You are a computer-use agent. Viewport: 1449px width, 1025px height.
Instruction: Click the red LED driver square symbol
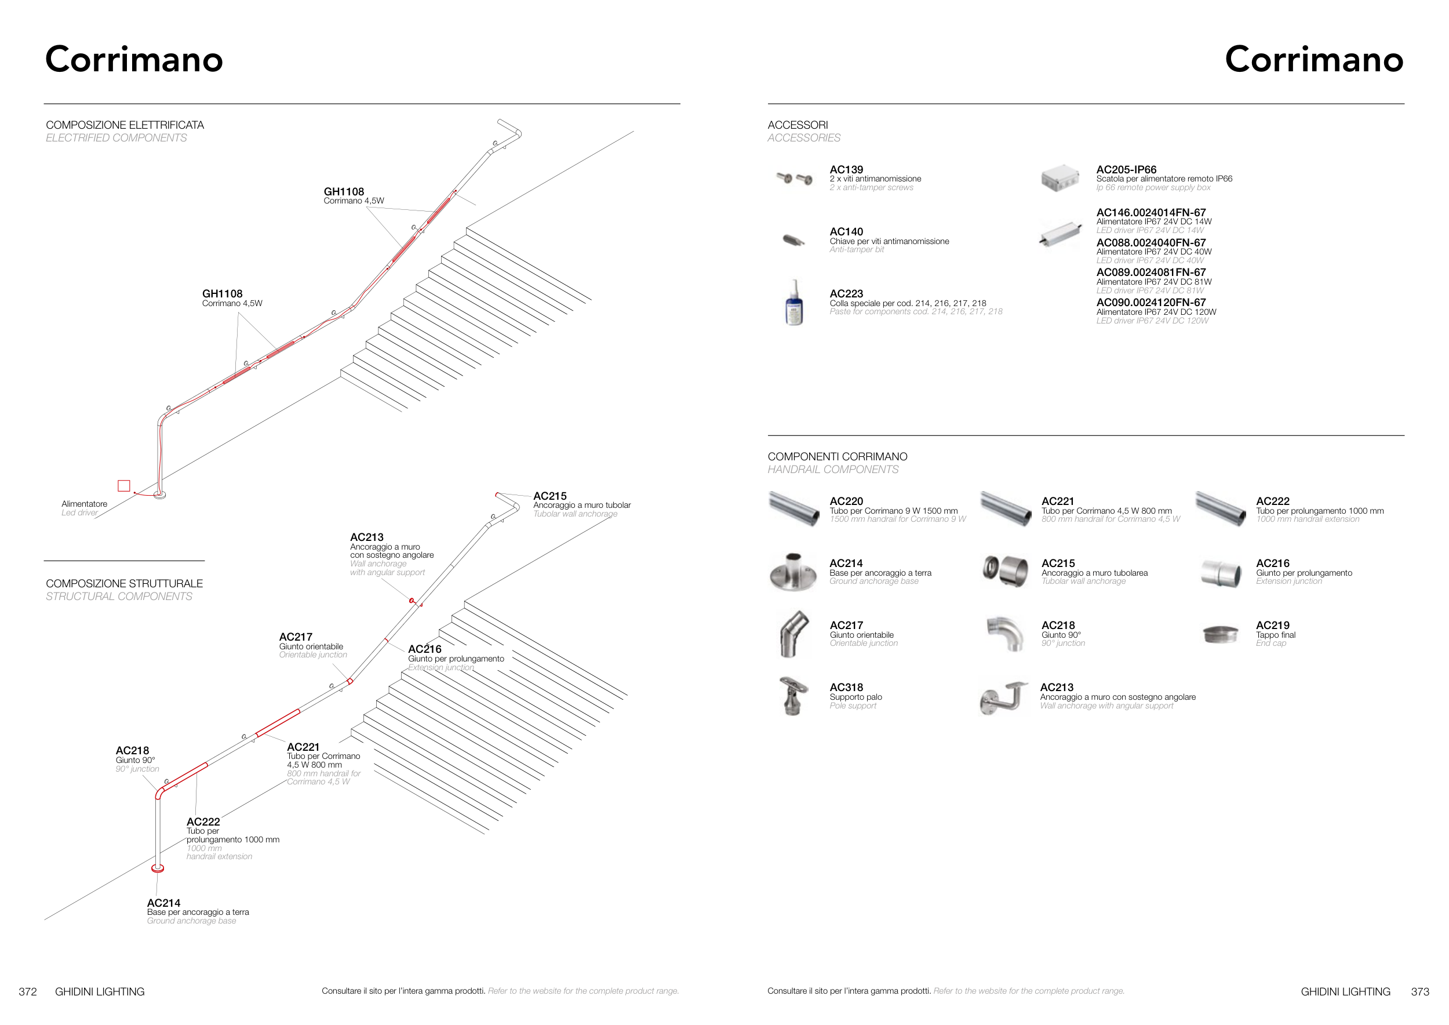pyautogui.click(x=123, y=485)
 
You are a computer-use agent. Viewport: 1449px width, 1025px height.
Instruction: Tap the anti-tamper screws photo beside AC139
pyautogui.click(x=794, y=179)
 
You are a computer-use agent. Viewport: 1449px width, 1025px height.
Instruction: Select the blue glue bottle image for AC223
pyautogui.click(x=794, y=304)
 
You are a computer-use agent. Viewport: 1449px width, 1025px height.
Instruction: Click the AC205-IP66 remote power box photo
pyautogui.click(x=1060, y=178)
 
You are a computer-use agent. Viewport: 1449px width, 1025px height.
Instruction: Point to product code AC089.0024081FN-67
pyautogui.click(x=1151, y=272)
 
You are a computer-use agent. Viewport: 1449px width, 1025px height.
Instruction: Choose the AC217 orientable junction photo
pyautogui.click(x=793, y=634)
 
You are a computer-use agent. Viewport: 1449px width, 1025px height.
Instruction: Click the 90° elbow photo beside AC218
pyautogui.click(x=1006, y=634)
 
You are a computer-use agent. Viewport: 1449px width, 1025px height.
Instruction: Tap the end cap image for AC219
pyautogui.click(x=1221, y=634)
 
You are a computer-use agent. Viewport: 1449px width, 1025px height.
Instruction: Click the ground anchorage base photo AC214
pyautogui.click(x=793, y=572)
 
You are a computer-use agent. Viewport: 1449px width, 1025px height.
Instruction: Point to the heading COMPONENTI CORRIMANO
pyautogui.click(x=837, y=456)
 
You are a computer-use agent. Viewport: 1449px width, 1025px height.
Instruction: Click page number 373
pyautogui.click(x=1419, y=991)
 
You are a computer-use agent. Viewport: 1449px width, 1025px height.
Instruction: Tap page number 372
pyautogui.click(x=28, y=991)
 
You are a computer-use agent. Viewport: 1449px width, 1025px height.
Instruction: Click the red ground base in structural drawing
pyautogui.click(x=158, y=868)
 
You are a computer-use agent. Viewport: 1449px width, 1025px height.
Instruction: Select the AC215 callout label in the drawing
pyautogui.click(x=549, y=496)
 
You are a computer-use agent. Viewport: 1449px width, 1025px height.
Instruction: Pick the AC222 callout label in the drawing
pyautogui.click(x=203, y=822)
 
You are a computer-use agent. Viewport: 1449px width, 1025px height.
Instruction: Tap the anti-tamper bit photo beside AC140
pyautogui.click(x=793, y=240)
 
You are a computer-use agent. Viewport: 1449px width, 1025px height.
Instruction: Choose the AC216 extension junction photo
pyautogui.click(x=1221, y=572)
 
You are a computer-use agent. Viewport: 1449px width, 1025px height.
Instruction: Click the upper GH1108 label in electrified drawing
pyautogui.click(x=343, y=192)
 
